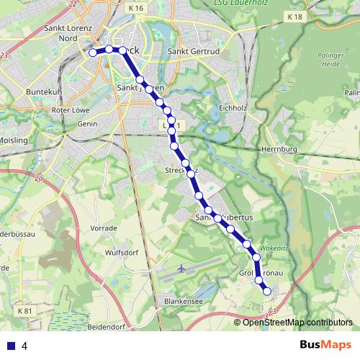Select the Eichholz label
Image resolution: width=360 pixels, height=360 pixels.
click(x=233, y=108)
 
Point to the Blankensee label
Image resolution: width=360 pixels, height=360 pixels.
click(x=183, y=302)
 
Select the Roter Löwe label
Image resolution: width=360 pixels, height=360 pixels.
click(x=70, y=110)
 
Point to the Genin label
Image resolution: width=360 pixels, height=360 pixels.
click(x=86, y=124)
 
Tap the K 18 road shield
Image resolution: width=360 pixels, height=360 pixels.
click(x=294, y=16)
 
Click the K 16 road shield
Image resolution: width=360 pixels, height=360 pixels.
click(x=136, y=8)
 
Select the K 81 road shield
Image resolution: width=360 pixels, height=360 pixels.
click(x=24, y=311)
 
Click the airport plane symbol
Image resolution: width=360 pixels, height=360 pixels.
click(x=180, y=268)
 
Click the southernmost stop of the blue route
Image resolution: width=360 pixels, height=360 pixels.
click(x=266, y=291)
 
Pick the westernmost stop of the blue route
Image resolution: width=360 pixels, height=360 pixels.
click(x=92, y=53)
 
